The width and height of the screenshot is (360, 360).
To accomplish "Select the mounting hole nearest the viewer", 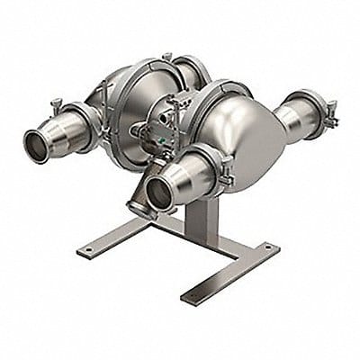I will pos(193,294).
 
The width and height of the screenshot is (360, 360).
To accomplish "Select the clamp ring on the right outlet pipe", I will pos(311,112).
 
